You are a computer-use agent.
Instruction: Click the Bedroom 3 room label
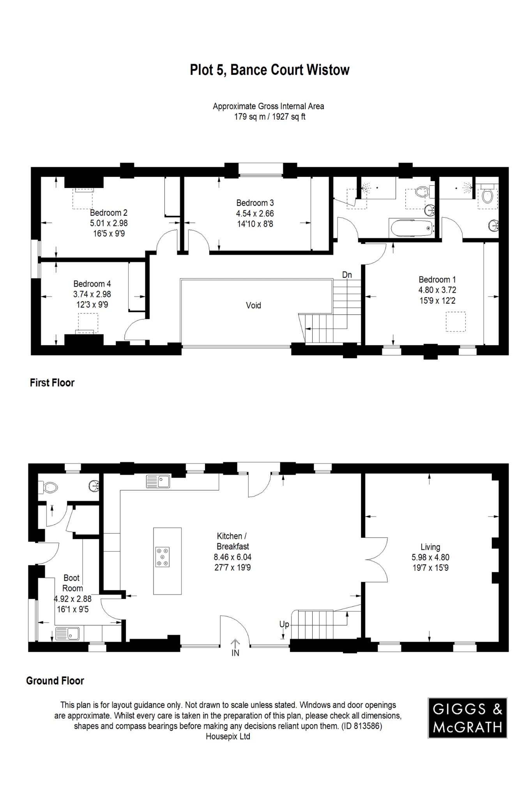click(255, 203)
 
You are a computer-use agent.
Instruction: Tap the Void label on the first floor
click(253, 305)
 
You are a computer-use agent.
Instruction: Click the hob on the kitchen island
click(163, 557)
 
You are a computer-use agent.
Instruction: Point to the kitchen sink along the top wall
click(158, 481)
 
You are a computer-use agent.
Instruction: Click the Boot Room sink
click(67, 634)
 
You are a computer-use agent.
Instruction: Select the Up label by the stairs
click(284, 625)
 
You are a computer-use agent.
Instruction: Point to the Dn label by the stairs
click(347, 275)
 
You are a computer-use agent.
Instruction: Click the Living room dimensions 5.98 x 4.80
click(430, 558)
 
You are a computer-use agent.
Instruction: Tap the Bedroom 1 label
click(437, 280)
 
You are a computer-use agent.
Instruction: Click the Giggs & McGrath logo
click(467, 718)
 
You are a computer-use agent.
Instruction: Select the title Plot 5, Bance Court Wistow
click(269, 70)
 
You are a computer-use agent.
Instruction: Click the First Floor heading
click(52, 383)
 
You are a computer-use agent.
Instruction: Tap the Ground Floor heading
click(55, 681)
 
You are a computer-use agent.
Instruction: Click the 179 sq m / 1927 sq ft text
click(269, 117)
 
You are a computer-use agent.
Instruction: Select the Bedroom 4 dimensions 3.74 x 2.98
click(92, 294)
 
